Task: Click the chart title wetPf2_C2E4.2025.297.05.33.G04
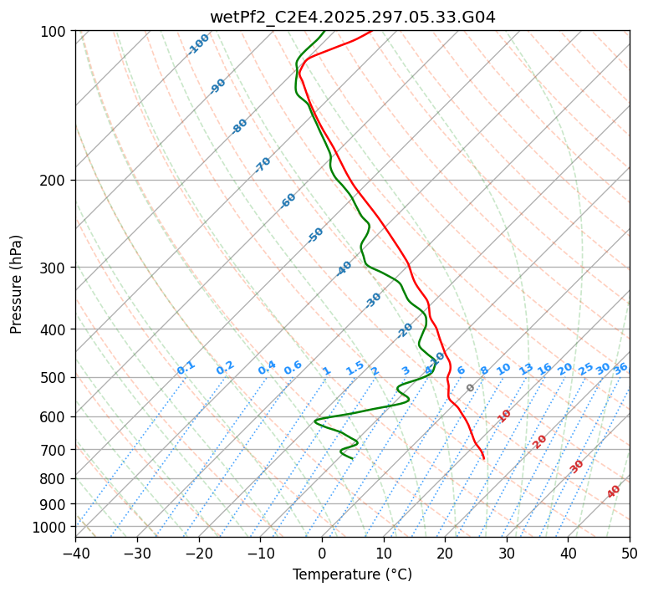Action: coord(352,17)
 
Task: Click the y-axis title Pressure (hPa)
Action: coord(17,284)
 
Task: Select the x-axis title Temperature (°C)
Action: coord(352,574)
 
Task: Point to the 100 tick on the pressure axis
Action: coord(54,32)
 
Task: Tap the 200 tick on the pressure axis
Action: coord(54,181)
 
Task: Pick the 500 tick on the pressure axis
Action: coord(54,378)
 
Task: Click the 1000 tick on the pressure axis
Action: coord(51,527)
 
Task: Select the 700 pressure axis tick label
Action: coord(54,450)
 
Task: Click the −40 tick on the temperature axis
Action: coord(75,553)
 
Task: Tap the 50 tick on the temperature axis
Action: coord(630,553)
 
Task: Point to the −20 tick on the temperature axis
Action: coord(198,553)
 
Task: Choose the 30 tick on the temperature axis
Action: coord(507,553)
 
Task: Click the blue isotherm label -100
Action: coord(199,44)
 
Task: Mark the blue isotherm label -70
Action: coord(263,165)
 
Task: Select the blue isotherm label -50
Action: coord(315,235)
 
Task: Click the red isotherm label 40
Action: coord(614,492)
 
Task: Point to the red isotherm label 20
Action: coord(540,441)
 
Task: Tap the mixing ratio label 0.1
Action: coord(186,368)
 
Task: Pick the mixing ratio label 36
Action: coord(620,368)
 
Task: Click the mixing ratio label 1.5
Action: coord(355,368)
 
